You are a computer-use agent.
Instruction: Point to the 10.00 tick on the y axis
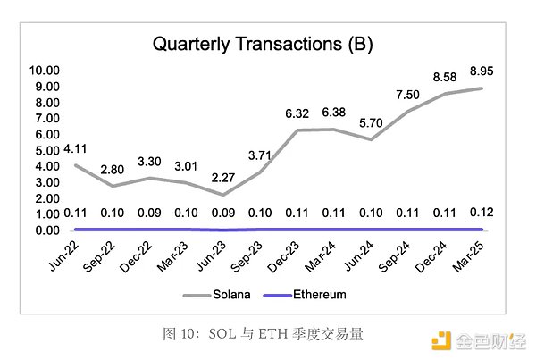(45, 70)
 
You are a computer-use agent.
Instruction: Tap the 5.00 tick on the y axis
(46, 150)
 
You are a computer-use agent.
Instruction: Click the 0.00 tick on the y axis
(46, 230)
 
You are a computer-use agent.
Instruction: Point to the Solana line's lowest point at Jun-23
(223, 194)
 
